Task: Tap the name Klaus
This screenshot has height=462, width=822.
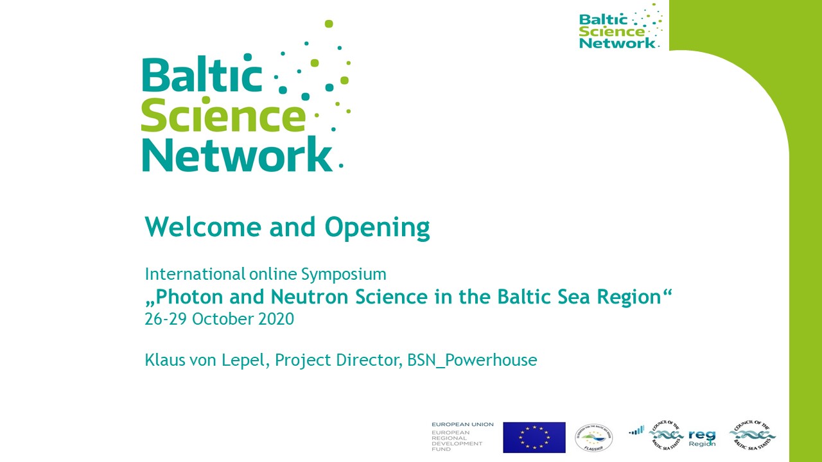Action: [x=164, y=360]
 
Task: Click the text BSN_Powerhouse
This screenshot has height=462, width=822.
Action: [x=472, y=361]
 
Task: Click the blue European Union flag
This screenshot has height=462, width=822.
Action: [x=534, y=437]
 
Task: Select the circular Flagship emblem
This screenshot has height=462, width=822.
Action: [x=593, y=437]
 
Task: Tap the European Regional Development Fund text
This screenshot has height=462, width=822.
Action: [x=457, y=440]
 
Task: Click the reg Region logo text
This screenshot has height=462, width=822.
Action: [x=701, y=438]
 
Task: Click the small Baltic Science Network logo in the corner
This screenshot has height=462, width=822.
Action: [x=620, y=27]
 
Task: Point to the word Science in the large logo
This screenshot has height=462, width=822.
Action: [x=223, y=117]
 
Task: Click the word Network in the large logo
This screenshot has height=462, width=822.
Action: [x=237, y=155]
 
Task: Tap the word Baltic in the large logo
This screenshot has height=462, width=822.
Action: [x=202, y=75]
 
